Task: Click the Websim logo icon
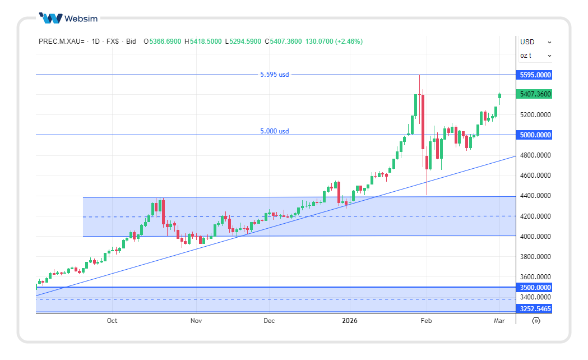click(x=50, y=19)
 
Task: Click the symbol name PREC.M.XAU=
click(x=62, y=41)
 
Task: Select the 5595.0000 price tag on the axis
click(x=535, y=75)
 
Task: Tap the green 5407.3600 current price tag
click(x=535, y=94)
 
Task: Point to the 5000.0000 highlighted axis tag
click(x=535, y=135)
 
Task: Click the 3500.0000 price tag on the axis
click(x=535, y=288)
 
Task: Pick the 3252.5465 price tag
click(x=535, y=309)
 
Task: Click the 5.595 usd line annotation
click(x=275, y=75)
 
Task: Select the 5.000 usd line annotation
click(x=275, y=131)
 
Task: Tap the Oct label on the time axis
click(x=112, y=321)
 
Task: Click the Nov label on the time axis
click(x=196, y=321)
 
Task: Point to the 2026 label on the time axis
click(x=350, y=321)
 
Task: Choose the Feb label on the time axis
click(x=427, y=321)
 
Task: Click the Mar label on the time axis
click(x=499, y=321)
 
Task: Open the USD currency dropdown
click(x=535, y=42)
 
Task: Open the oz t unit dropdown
click(x=535, y=56)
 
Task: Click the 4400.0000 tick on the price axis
click(x=535, y=196)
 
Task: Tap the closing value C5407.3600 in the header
click(x=283, y=41)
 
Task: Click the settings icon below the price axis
click(x=536, y=321)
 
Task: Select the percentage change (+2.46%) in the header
click(x=349, y=41)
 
